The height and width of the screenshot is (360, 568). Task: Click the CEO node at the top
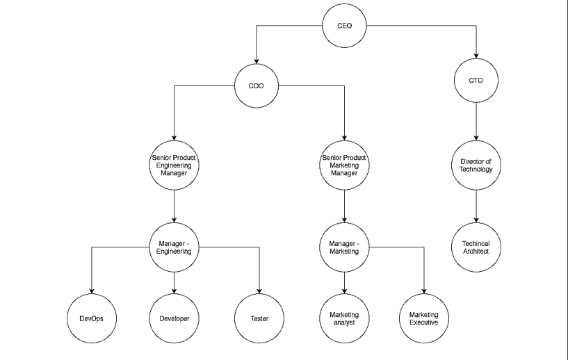tap(344, 26)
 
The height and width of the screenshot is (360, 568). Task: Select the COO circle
tap(257, 86)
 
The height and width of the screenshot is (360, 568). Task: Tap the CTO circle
tap(476, 80)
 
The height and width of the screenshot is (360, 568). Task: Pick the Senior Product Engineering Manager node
tap(174, 165)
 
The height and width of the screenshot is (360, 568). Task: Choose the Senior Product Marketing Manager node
tap(345, 165)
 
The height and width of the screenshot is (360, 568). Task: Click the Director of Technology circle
tap(476, 165)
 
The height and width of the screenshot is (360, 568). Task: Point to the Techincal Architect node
tap(476, 247)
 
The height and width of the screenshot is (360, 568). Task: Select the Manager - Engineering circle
tap(174, 247)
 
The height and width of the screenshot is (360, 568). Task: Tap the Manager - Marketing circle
tap(345, 247)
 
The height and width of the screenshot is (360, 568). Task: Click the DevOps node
tap(92, 318)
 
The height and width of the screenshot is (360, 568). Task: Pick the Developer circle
tap(174, 318)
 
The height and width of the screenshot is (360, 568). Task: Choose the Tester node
tap(259, 318)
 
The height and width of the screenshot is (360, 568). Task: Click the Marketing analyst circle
tap(345, 318)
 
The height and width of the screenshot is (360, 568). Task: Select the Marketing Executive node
tap(423, 318)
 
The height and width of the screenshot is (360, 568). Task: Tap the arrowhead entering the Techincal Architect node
tap(476, 221)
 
